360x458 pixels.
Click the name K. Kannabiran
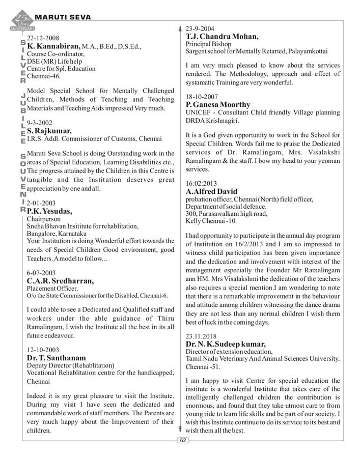point(53,46)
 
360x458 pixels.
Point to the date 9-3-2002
point(39,123)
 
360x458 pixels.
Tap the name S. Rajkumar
point(49,131)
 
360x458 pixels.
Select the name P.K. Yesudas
point(49,211)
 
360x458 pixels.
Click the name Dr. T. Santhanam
point(56,358)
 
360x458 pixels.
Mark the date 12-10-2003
point(43,350)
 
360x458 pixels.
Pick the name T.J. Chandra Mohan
point(222,37)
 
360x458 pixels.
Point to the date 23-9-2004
point(200,28)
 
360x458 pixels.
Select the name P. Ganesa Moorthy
point(218,104)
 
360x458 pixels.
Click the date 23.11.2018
point(202,336)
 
